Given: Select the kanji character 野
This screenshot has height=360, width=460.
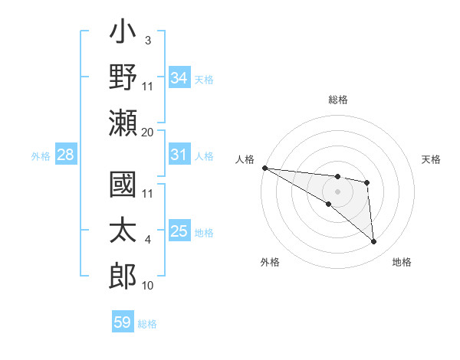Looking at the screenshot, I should click(x=123, y=79).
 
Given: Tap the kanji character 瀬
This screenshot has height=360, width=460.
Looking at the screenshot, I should click(x=123, y=123).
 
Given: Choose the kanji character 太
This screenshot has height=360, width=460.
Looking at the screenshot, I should click(x=123, y=230).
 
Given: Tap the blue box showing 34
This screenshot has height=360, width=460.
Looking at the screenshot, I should click(x=179, y=77).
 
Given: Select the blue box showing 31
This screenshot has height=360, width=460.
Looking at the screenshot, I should click(x=179, y=155).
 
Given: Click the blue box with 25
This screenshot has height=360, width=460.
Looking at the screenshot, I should click(x=179, y=231).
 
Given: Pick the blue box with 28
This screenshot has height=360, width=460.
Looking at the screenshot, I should click(x=66, y=155).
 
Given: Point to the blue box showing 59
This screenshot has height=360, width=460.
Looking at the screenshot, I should click(x=123, y=322).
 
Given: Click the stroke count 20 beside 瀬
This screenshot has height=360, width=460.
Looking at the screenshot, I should click(x=148, y=132).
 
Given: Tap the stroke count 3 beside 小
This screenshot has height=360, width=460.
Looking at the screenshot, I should click(x=148, y=39).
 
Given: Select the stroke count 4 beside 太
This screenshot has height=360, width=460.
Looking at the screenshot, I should click(x=148, y=240).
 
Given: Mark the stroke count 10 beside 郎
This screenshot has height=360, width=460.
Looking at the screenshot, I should click(x=148, y=286).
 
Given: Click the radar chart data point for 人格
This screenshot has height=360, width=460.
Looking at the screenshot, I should click(x=264, y=168).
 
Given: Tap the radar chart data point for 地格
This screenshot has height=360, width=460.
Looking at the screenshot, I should click(x=374, y=242).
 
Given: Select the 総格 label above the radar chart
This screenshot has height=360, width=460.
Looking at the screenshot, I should click(x=337, y=100).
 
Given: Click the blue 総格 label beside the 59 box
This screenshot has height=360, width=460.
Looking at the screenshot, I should click(x=147, y=323).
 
